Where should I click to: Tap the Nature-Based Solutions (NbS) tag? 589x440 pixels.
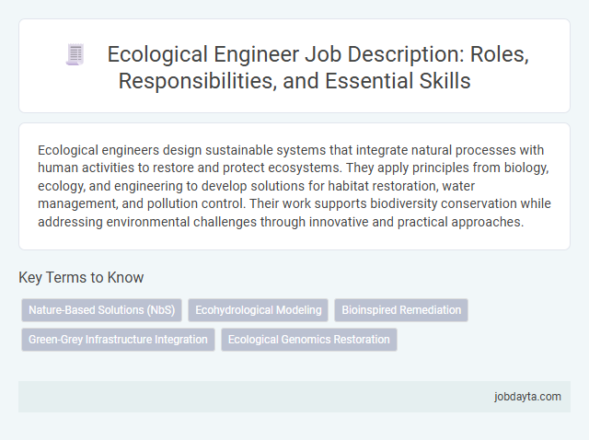point(101,310)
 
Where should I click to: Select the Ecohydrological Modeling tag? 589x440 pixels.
point(258,310)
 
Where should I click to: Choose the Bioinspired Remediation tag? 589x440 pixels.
point(401,310)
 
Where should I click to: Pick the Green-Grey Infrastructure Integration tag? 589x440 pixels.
point(118,340)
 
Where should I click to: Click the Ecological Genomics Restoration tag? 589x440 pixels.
point(308,340)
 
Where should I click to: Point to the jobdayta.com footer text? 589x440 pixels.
point(527,396)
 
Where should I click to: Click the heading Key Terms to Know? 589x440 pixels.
point(81,277)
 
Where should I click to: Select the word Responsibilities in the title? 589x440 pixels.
point(199,80)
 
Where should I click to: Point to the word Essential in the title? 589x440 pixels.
point(373,80)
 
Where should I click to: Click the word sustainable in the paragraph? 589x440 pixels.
point(196,149)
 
